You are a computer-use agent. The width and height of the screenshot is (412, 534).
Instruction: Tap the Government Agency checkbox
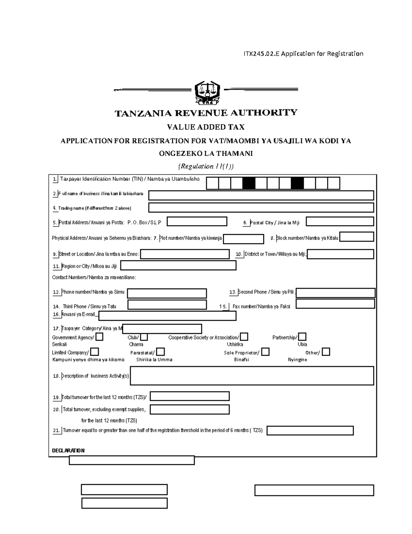99,337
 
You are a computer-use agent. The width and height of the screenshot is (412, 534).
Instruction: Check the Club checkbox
144,337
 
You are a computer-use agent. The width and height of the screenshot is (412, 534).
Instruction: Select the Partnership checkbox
302,337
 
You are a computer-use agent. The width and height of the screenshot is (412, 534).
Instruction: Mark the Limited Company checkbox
94,352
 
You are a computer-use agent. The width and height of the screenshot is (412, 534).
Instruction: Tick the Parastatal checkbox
160,352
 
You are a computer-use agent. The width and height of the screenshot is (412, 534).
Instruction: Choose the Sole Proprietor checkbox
265,352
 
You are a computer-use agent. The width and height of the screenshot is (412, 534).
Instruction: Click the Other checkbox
326,352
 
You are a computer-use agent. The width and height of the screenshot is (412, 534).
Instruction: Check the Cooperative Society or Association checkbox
244,337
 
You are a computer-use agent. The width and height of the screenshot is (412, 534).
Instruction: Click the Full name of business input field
261,196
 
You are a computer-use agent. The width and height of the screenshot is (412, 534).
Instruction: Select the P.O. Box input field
197,221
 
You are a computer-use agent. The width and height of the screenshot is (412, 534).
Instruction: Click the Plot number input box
243,239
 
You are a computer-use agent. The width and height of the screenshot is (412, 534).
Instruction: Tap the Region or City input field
178,265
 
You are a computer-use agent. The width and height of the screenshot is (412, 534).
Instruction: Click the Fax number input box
335,304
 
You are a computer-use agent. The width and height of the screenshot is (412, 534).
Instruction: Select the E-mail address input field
167,316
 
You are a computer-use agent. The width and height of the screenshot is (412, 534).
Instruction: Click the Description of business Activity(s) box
252,375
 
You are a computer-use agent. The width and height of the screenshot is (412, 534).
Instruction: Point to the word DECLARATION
68,450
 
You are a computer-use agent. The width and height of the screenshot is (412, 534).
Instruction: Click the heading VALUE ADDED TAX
205,127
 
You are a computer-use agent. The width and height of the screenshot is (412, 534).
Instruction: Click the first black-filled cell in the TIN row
249,184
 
